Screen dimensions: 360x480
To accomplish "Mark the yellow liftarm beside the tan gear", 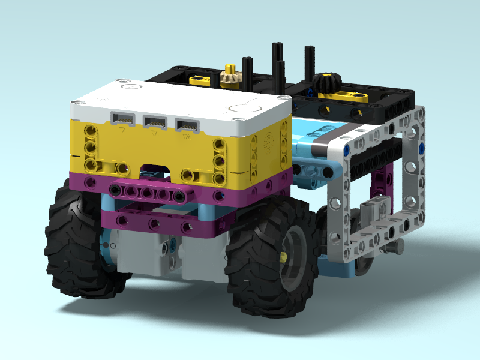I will (x=200, y=78).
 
